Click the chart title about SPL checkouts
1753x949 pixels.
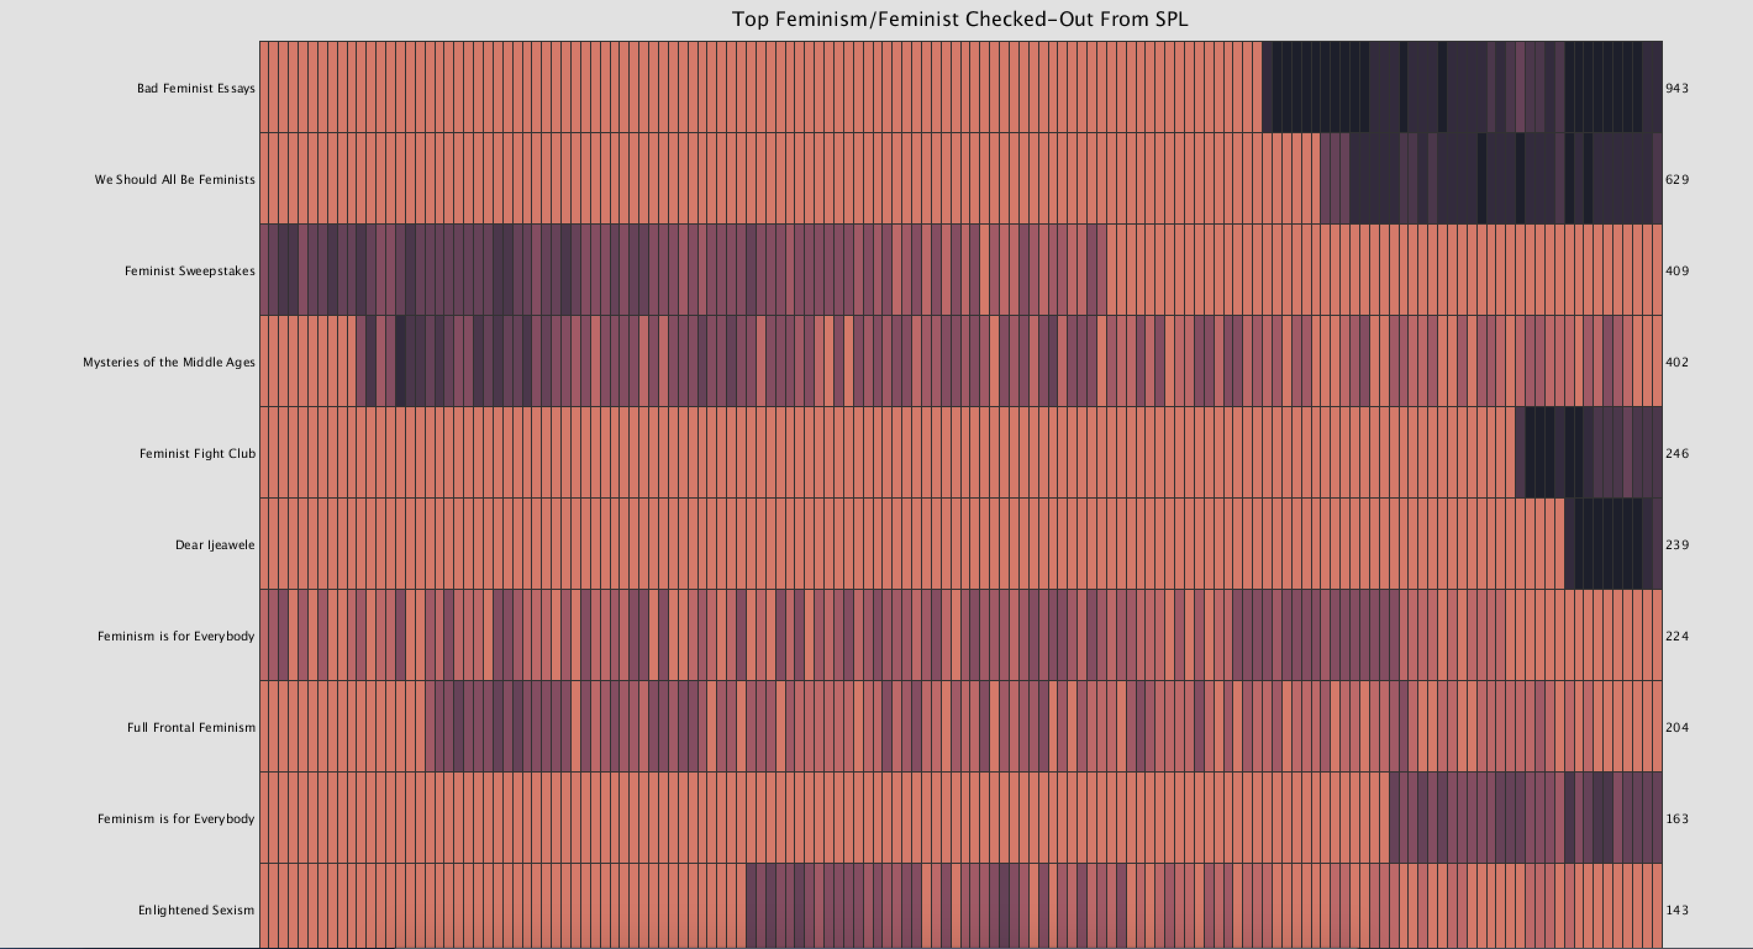[960, 19]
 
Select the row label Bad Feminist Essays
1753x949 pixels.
[196, 88]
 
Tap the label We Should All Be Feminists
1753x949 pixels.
[175, 180]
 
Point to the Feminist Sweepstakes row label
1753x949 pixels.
[190, 271]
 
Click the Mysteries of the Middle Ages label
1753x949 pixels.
[169, 362]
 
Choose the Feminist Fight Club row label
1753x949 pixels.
[198, 454]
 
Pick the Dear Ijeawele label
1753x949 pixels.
[215, 545]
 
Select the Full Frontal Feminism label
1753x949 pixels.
[191, 727]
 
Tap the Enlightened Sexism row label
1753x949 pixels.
[196, 910]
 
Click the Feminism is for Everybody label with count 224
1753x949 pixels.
[175, 636]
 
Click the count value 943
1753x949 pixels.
[1677, 88]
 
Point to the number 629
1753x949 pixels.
[1677, 180]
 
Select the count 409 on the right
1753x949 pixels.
[1677, 271]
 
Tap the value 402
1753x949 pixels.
[1677, 362]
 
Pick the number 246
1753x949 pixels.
[1677, 454]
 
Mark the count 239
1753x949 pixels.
[1677, 545]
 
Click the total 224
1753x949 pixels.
[1677, 636]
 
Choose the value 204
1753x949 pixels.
[1677, 727]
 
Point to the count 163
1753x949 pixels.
[1677, 818]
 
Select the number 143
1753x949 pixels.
[1677, 910]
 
